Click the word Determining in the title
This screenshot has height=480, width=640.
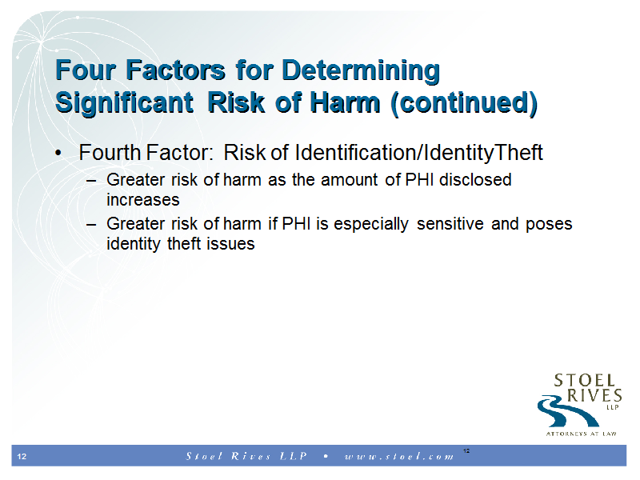point(361,71)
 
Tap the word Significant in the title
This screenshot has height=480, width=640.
point(124,103)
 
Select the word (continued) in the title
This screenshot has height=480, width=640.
point(464,103)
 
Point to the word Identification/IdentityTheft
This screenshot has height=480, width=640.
point(418,154)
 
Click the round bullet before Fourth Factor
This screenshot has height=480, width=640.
point(58,154)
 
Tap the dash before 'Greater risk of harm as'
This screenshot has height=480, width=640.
point(91,181)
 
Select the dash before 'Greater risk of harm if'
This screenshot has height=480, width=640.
point(91,225)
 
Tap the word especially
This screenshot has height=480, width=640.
point(371,225)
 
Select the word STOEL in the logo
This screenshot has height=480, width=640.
point(585,381)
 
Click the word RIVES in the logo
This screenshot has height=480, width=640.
point(594,395)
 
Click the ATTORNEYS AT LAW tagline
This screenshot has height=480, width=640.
point(582,434)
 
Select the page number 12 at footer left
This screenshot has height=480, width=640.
point(22,456)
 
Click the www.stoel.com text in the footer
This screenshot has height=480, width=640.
point(399,456)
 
